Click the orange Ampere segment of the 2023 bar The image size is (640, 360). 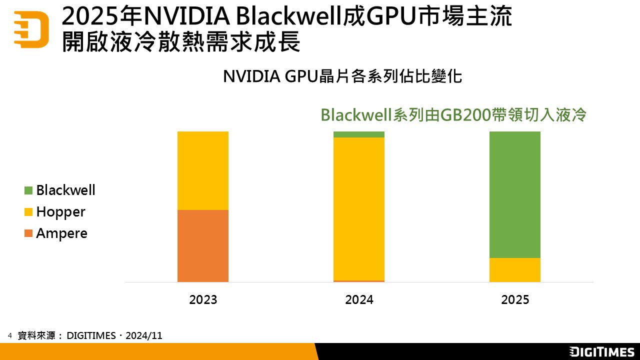(203, 245)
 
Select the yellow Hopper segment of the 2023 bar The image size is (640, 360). (203, 170)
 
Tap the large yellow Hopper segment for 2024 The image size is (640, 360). (359, 208)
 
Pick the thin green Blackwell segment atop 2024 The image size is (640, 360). (359, 134)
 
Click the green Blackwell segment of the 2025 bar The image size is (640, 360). (515, 194)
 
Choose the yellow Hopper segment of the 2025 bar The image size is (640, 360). (515, 270)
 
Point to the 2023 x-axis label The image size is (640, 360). (203, 300)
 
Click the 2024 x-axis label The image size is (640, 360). (359, 300)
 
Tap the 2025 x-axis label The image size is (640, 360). (515, 300)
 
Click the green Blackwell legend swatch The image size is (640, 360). (28, 190)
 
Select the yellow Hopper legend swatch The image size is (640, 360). (28, 212)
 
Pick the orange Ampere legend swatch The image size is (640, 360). (28, 233)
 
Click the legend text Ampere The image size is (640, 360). (61, 233)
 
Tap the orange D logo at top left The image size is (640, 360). (31, 29)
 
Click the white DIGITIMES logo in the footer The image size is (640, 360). (602, 351)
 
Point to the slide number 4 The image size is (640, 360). (9, 335)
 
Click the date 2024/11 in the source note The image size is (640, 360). (144, 336)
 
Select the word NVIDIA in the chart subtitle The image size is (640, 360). (251, 76)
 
